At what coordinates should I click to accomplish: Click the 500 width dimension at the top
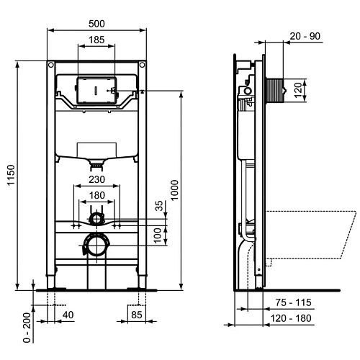[96, 22]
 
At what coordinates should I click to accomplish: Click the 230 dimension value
[96, 180]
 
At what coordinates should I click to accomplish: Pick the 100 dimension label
[160, 235]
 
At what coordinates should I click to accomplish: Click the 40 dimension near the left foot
[68, 314]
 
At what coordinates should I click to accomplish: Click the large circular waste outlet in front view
[96, 246]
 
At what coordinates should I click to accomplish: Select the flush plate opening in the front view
[96, 91]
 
